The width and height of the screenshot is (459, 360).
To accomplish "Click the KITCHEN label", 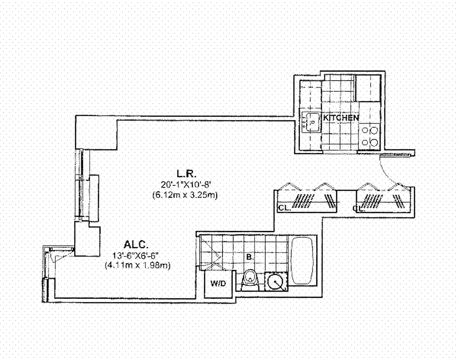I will point(341,118).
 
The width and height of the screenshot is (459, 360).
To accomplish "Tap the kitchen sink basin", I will point(310,121).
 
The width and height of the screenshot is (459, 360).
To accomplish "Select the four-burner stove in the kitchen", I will point(370,136).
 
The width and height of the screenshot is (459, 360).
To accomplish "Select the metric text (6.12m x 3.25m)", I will point(186,195).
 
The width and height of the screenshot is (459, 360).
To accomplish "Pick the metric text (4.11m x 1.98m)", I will point(137,265).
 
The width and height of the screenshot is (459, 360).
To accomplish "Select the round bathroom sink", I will point(274,283).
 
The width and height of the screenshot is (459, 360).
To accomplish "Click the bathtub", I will point(302,261).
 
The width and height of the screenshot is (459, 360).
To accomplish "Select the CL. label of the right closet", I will point(358,208).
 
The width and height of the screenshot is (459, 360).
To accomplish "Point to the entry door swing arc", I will point(389,171).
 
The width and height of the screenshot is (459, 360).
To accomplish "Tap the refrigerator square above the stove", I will point(367,88).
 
